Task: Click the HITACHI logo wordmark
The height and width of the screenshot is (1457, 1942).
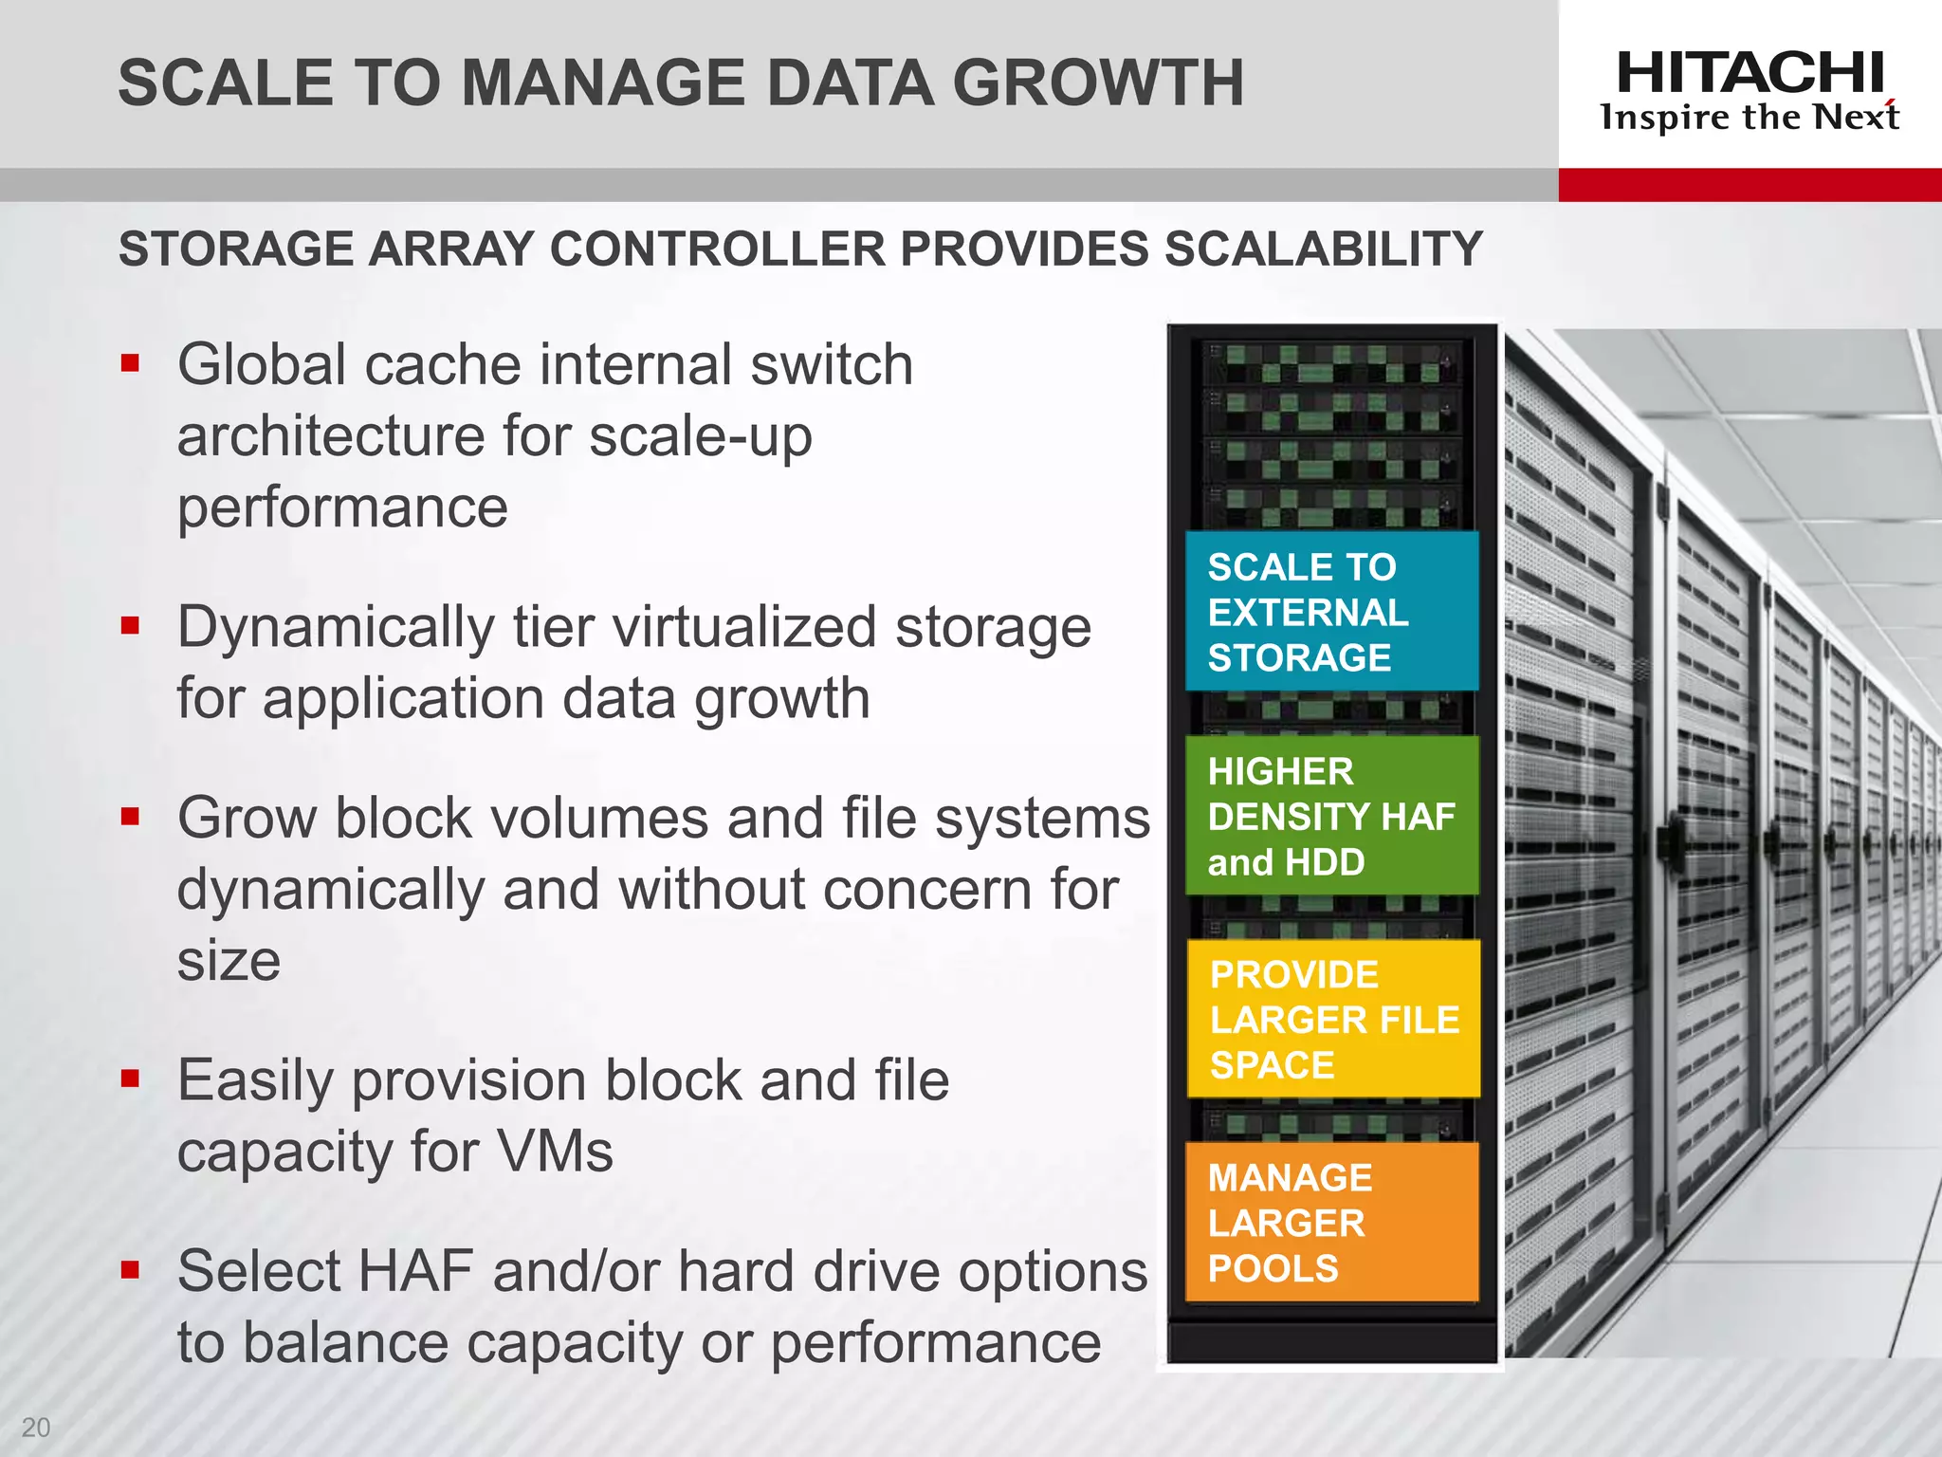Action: point(1750,73)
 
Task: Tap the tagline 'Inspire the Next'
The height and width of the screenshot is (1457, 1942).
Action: point(1750,118)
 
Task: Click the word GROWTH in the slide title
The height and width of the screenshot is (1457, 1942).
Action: point(1098,83)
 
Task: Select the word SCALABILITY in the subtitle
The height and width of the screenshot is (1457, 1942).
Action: point(1323,249)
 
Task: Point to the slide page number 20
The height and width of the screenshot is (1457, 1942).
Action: point(36,1427)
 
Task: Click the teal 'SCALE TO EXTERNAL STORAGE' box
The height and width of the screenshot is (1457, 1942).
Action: point(1331,612)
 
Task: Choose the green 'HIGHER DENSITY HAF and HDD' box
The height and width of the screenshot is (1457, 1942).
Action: point(1331,816)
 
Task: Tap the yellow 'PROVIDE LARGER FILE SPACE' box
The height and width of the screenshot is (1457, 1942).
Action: point(1333,1019)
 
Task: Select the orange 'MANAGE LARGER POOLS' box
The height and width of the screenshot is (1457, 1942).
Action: point(1331,1222)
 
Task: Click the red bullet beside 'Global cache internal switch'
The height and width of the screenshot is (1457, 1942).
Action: point(131,363)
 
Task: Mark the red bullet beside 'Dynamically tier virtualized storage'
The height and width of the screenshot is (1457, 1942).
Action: point(131,625)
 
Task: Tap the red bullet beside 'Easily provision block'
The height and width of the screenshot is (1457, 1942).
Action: point(131,1079)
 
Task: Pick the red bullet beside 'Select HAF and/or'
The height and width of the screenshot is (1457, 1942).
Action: point(131,1269)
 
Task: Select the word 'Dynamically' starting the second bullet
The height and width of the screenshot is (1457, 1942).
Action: point(336,629)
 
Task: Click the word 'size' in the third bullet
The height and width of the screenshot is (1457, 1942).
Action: point(229,961)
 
